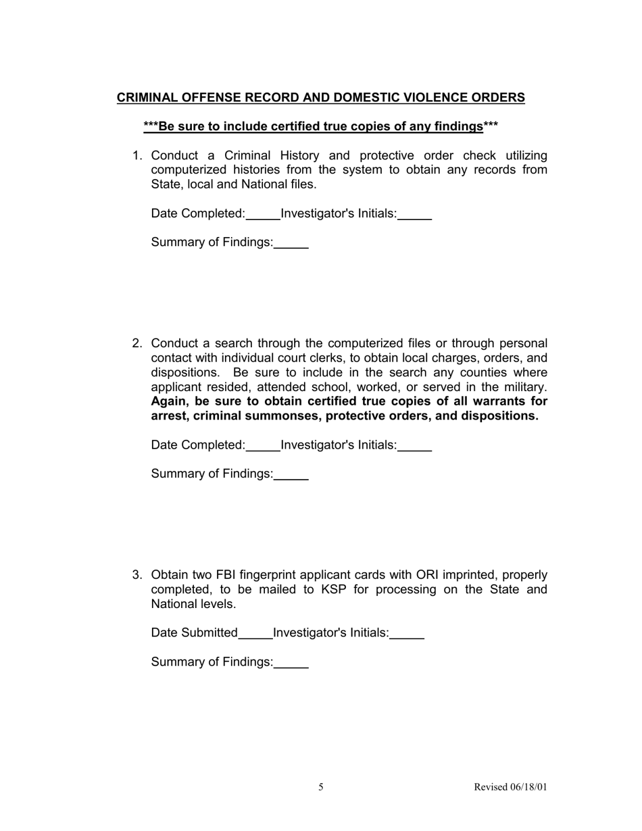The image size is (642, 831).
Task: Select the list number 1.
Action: click(137, 156)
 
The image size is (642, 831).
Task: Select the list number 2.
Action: click(137, 344)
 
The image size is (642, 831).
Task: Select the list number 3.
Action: click(137, 575)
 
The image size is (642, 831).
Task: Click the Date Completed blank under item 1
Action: click(263, 216)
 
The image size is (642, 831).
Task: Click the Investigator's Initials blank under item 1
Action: click(414, 216)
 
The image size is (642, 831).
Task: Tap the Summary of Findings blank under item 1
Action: click(291, 245)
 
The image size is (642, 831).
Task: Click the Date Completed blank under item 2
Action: click(263, 447)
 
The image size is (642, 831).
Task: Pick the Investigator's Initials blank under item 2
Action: click(414, 447)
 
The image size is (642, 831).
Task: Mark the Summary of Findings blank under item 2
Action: click(291, 476)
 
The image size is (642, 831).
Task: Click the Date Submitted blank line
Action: click(255, 635)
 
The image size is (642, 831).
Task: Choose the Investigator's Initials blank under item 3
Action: click(407, 635)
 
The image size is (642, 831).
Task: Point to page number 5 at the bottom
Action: click(321, 787)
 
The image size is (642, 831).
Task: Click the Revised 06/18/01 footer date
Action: click(510, 787)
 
